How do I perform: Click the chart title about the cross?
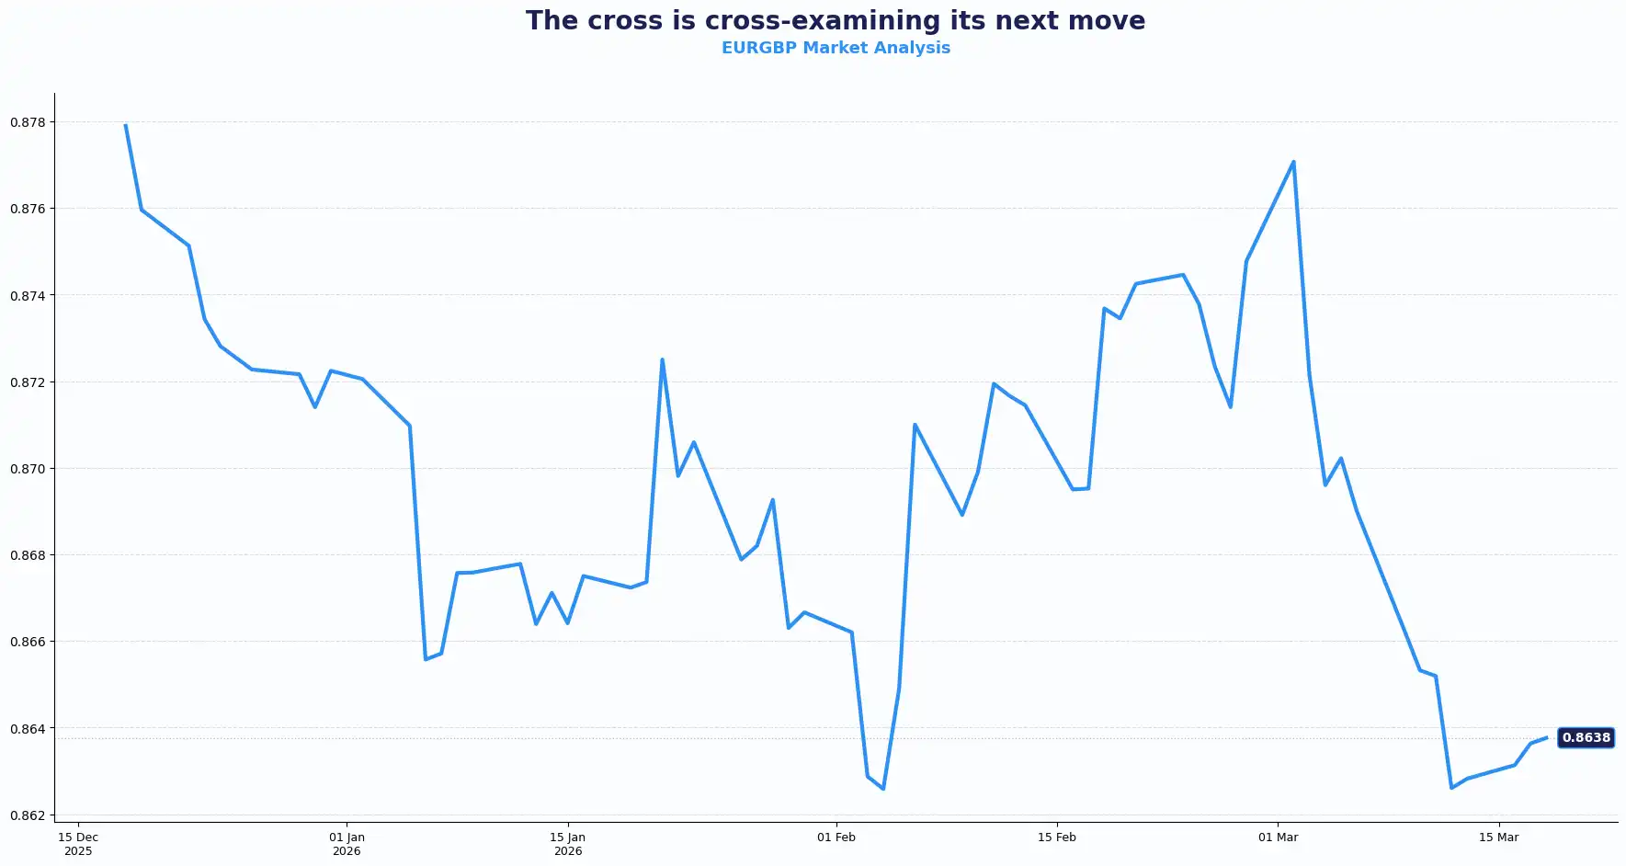[835, 21]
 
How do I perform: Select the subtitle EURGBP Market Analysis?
[835, 48]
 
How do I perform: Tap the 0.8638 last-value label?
[1586, 737]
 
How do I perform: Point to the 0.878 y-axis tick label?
[28, 122]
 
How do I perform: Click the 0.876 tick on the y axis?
[28, 209]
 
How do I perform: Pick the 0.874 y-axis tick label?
[28, 295]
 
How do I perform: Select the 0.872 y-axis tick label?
[28, 382]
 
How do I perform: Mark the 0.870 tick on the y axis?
[28, 469]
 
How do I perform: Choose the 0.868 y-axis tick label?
[28, 555]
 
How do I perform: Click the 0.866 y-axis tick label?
[28, 642]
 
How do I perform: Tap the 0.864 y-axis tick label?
[28, 729]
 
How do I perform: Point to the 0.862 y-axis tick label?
[28, 815]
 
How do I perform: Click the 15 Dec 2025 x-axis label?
[78, 844]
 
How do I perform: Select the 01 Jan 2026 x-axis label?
[347, 844]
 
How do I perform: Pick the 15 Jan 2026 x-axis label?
[568, 844]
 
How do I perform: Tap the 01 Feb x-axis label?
[836, 838]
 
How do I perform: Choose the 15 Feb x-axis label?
[1057, 838]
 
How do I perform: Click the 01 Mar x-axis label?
[1279, 838]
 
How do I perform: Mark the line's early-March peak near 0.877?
[1293, 162]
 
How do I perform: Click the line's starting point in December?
[125, 125]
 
